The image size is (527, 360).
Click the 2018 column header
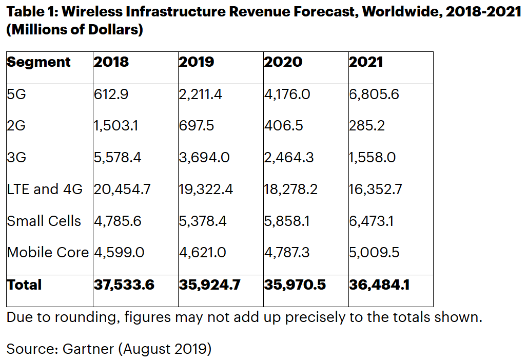click(x=111, y=62)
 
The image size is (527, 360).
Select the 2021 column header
click(x=366, y=62)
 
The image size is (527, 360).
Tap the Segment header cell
click(x=38, y=62)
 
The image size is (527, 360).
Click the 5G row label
click(x=16, y=94)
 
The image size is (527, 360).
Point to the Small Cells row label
click(x=44, y=221)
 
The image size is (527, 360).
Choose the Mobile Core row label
click(x=48, y=253)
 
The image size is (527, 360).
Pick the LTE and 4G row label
click(x=45, y=190)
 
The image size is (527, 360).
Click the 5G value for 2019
click(x=200, y=94)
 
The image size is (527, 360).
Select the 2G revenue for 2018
click(x=115, y=126)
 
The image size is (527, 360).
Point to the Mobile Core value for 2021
click(x=374, y=253)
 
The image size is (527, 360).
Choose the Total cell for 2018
click(x=124, y=285)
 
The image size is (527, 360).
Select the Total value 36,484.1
click(x=379, y=285)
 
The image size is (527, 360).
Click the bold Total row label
click(x=24, y=285)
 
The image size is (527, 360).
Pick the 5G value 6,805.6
click(x=374, y=94)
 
